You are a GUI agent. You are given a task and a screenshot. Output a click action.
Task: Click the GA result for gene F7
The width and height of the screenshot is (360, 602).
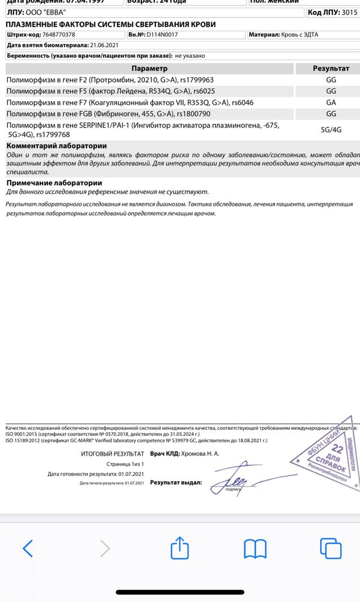(x=331, y=102)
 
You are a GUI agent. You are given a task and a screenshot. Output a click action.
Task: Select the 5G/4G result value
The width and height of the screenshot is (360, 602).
(x=331, y=129)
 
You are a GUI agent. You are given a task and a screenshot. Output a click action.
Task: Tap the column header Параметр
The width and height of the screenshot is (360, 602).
(x=150, y=69)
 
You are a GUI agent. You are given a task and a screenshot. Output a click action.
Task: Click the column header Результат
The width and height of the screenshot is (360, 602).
(x=331, y=69)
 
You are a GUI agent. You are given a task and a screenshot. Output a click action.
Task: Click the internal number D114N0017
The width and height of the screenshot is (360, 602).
(x=162, y=35)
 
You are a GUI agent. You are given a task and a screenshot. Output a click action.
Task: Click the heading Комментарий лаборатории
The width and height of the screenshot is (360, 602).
(x=57, y=146)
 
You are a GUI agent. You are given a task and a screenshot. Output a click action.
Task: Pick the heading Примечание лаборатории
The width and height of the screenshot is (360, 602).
(x=54, y=182)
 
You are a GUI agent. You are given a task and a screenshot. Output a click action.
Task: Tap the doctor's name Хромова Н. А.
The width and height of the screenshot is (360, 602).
(x=200, y=453)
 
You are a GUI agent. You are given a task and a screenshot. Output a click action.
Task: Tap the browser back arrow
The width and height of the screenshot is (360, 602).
(x=28, y=548)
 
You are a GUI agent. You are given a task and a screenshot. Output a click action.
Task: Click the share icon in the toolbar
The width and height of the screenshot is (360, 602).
(x=180, y=547)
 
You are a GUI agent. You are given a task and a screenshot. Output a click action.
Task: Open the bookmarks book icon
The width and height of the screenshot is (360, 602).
(x=255, y=548)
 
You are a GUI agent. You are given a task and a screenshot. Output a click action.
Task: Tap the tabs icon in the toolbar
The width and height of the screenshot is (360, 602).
(x=331, y=548)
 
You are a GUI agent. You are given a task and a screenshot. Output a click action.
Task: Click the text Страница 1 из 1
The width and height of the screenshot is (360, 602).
(x=126, y=464)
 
